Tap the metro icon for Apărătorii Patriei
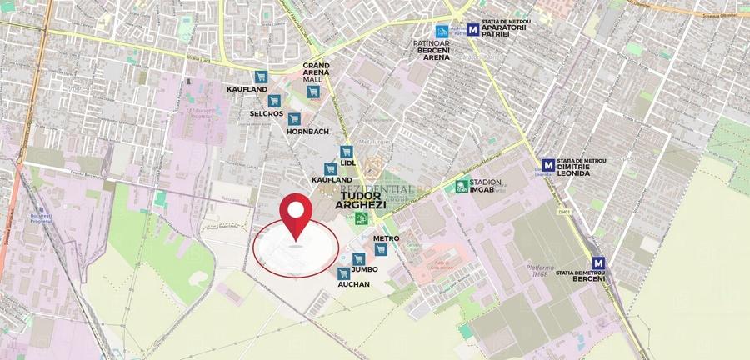pos(473,29)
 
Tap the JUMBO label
pos(365,270)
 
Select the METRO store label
pos(387,238)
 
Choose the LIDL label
pos(348,163)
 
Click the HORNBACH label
pos(307,132)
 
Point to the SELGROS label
pos(267,113)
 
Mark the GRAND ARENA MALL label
pos(316,72)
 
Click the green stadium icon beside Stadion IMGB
pos(461,187)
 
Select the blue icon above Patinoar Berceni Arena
pos(430,31)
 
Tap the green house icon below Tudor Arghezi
pos(362,219)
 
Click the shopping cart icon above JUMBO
pos(358,258)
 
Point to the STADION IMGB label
pos(486,187)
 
